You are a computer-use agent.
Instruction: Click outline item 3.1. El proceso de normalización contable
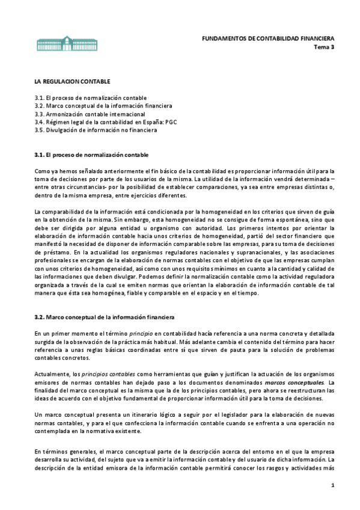pyautogui.click(x=90, y=98)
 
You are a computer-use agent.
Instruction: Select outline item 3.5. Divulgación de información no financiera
pyautogui.click(x=96, y=129)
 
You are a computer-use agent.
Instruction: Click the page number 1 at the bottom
pyautogui.click(x=331, y=485)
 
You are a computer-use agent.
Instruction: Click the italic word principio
pyautogui.click(x=124, y=333)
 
